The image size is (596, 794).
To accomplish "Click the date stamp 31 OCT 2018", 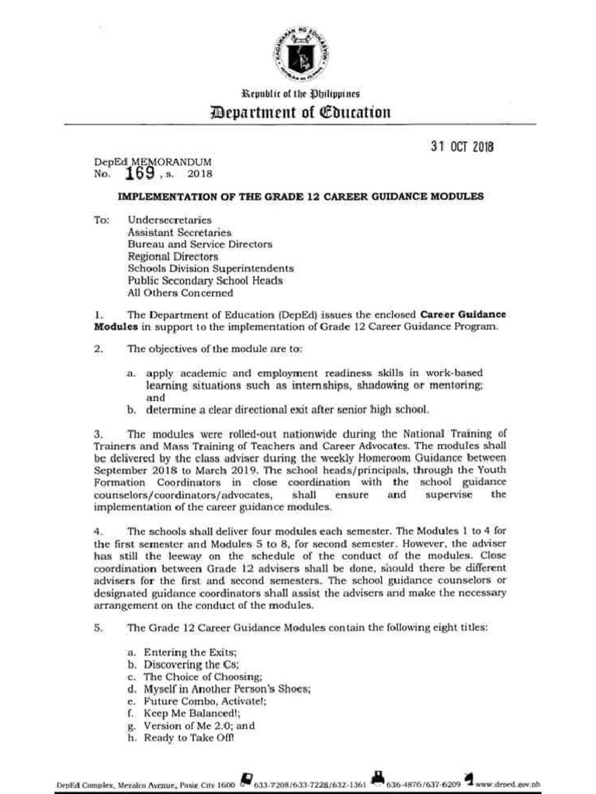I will [x=461, y=147].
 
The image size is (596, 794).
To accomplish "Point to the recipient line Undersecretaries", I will [x=169, y=220].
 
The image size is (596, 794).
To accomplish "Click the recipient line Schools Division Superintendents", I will [x=210, y=268].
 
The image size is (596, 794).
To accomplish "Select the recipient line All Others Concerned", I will [x=179, y=293].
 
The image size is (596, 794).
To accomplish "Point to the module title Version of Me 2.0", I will [x=189, y=726].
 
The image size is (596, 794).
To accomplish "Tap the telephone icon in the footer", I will [x=247, y=778].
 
